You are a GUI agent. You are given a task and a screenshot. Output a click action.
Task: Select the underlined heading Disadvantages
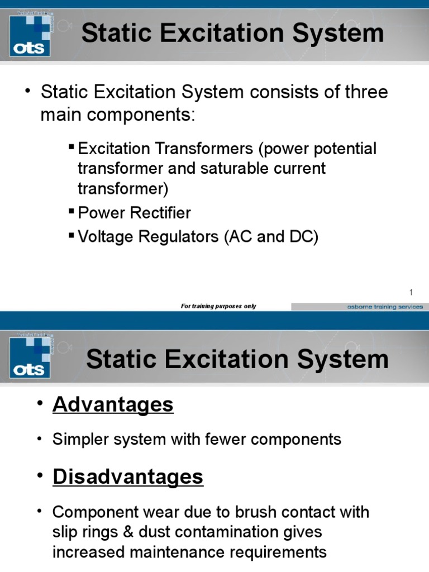(x=128, y=476)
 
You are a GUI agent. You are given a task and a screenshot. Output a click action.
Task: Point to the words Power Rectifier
(x=134, y=213)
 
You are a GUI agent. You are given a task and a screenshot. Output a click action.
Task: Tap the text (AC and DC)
(x=271, y=237)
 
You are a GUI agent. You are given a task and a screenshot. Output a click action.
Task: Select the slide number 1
(x=411, y=292)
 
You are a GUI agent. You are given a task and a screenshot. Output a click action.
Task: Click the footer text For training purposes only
(x=218, y=306)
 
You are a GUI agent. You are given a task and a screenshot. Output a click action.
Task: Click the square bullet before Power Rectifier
(x=71, y=211)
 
